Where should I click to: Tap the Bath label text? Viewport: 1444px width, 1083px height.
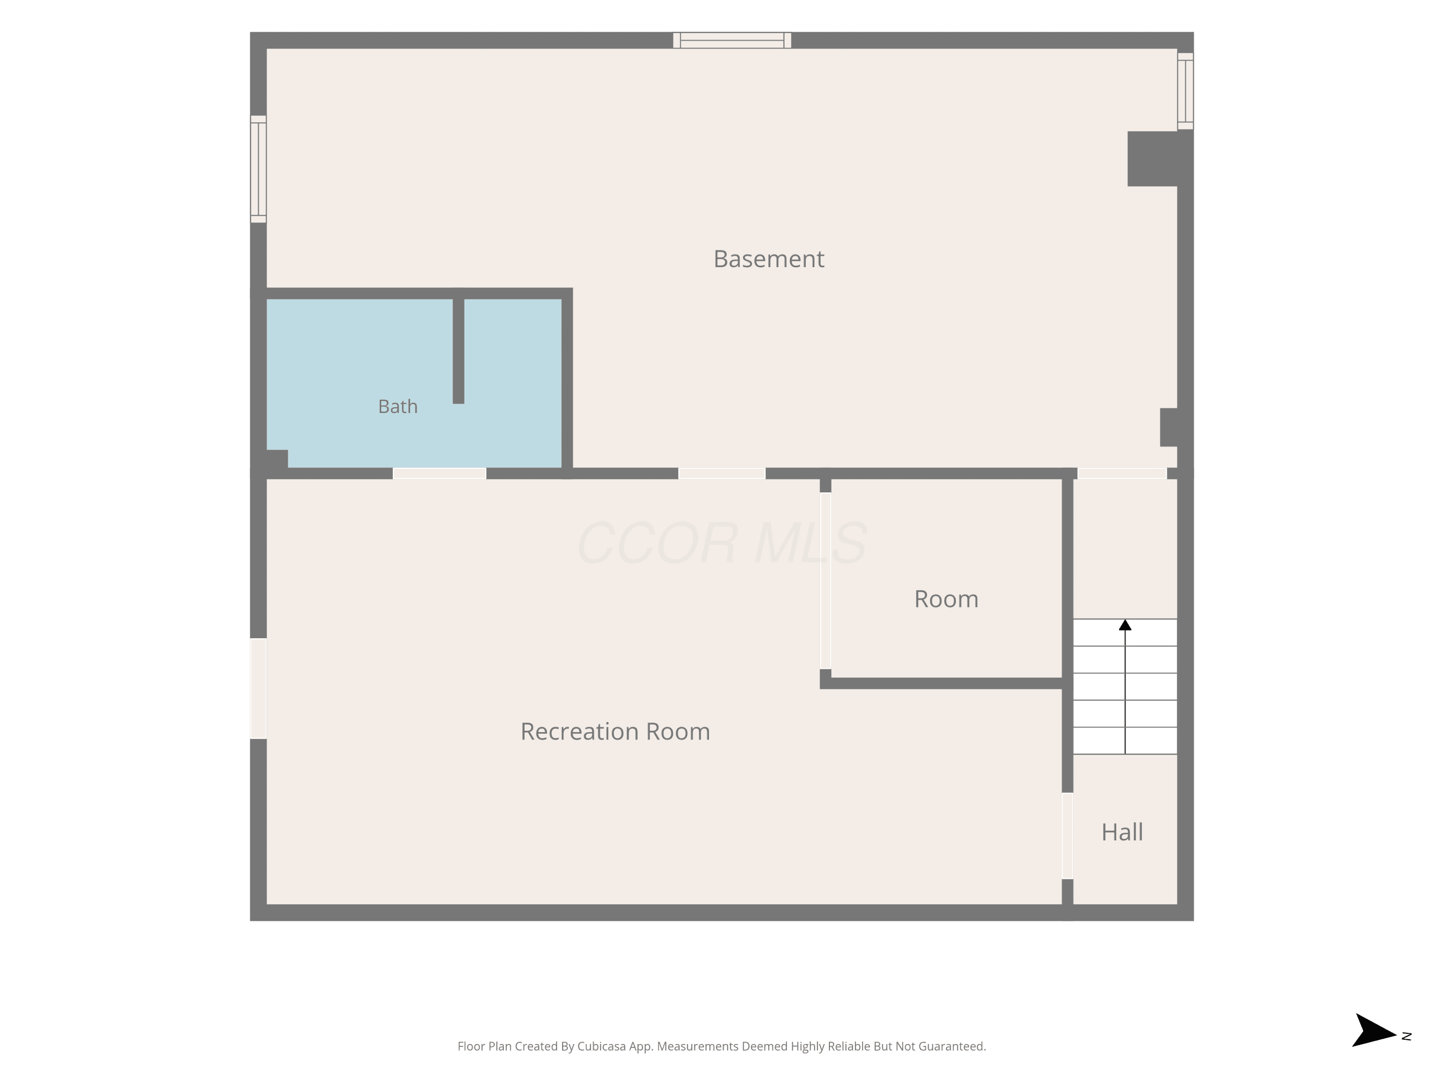[x=398, y=407]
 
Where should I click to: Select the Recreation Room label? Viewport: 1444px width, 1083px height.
[x=615, y=731]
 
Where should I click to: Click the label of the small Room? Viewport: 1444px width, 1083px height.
[x=946, y=599]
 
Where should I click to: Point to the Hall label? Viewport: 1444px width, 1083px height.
[x=1122, y=832]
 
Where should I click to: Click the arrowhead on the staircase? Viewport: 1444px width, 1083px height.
[x=1125, y=625]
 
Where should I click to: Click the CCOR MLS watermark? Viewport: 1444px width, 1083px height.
[x=722, y=542]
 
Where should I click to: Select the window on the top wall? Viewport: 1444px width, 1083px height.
[x=732, y=40]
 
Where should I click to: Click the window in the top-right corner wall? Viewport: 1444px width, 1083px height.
[x=1186, y=91]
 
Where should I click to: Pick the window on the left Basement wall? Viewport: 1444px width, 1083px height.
[x=258, y=169]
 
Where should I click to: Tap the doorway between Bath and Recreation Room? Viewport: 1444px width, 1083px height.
[x=439, y=473]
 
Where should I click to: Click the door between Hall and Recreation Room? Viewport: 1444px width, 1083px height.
[x=1067, y=836]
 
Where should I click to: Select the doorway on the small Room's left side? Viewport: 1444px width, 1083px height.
[x=825, y=580]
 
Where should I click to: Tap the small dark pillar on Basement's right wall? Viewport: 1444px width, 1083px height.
[x=1169, y=427]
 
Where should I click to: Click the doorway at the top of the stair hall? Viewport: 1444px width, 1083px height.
[x=1122, y=473]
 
